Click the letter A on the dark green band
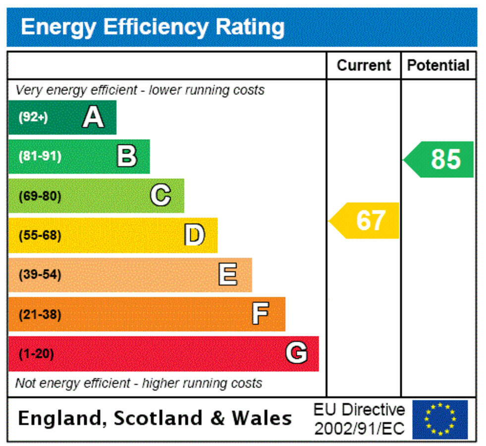click(93, 118)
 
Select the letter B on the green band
click(127, 157)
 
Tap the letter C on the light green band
click(161, 196)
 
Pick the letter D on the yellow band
click(194, 235)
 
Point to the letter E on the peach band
click(228, 275)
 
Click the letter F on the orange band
click(261, 314)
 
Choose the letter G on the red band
click(296, 353)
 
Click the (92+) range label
click(33, 118)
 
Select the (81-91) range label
click(40, 157)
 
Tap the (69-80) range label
click(40, 196)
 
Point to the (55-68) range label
click(40, 235)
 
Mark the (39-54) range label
click(40, 275)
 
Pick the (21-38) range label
click(40, 314)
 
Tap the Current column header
click(364, 65)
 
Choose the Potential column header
click(438, 65)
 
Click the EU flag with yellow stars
click(440, 419)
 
